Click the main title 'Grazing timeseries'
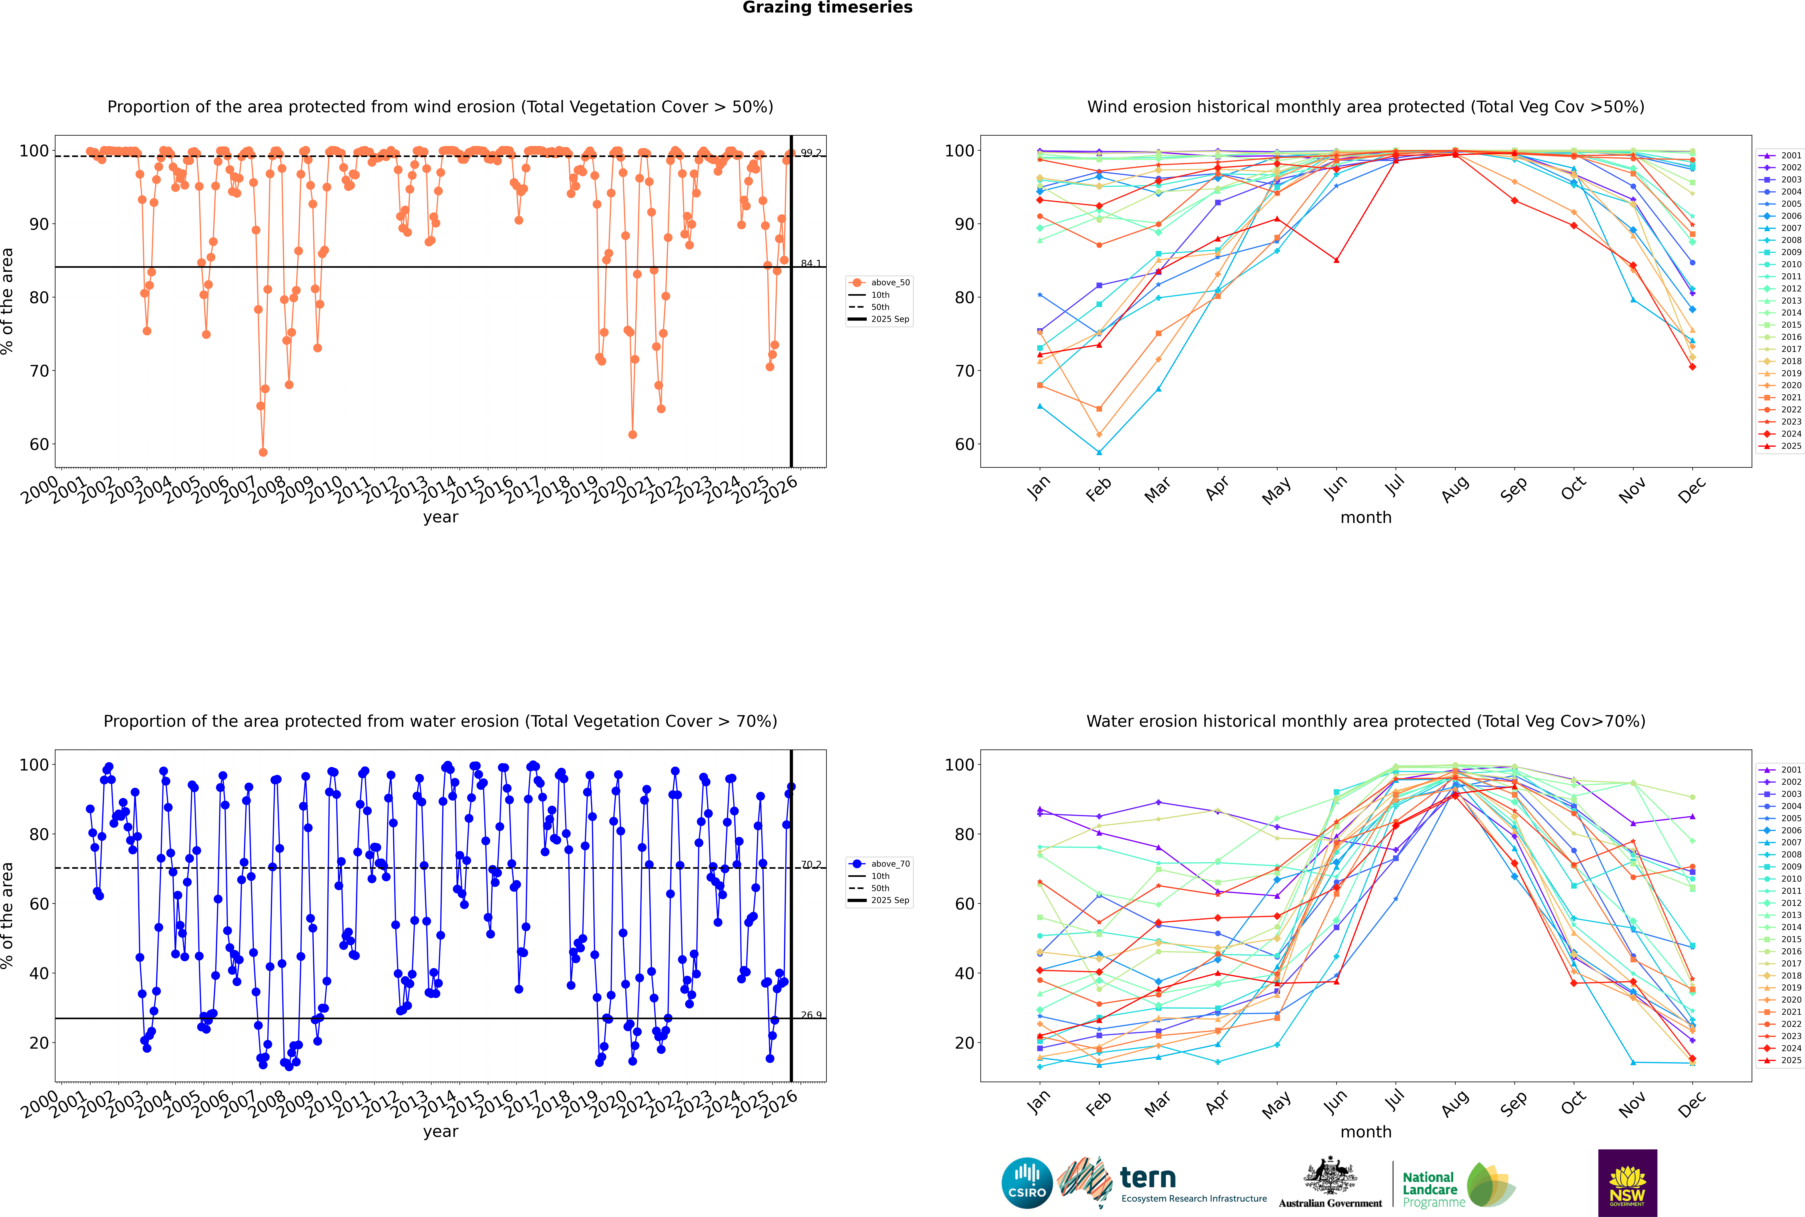(x=827, y=8)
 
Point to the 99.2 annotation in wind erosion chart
(x=811, y=153)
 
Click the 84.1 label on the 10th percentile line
(x=811, y=264)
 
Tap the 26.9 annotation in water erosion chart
(x=811, y=1015)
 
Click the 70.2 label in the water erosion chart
(x=811, y=865)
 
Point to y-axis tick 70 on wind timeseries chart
(x=39, y=371)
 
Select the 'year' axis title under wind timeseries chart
(x=441, y=517)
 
